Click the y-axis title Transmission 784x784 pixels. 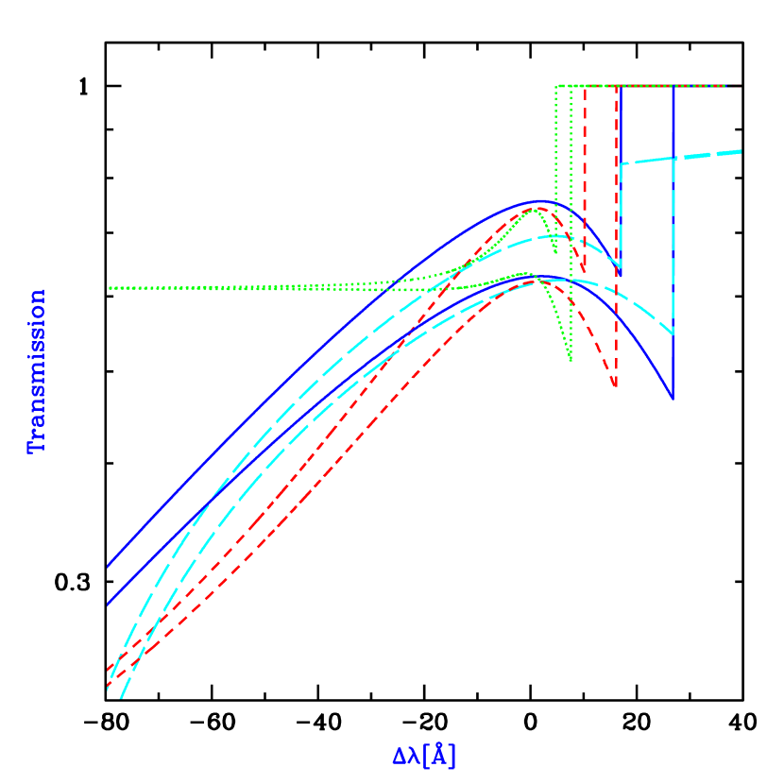click(x=37, y=370)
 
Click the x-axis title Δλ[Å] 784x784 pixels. click(x=424, y=756)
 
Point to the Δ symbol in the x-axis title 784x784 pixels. click(x=400, y=757)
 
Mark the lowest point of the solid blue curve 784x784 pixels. click(x=673, y=399)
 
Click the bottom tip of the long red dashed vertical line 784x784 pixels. click(x=616, y=386)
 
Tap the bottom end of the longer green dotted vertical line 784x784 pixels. click(x=571, y=361)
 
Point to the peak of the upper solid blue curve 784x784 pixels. click(x=541, y=201)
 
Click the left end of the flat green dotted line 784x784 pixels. click(x=110, y=288)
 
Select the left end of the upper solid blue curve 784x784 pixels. click(x=109, y=567)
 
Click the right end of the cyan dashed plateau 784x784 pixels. click(x=741, y=151)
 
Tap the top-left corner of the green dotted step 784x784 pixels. click(x=556, y=86)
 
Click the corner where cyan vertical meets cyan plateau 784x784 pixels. click(x=622, y=164)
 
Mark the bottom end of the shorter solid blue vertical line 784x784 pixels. click(x=621, y=274)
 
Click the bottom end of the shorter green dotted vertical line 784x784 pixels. click(x=555, y=253)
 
